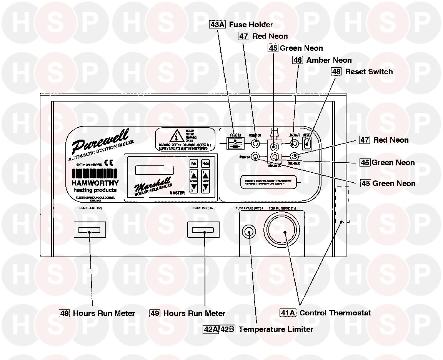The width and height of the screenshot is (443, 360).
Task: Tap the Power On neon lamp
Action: point(255,144)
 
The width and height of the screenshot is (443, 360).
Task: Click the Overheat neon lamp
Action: point(294,157)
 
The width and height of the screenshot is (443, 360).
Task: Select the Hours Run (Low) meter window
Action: point(89,230)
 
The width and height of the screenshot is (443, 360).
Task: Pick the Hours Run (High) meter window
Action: point(203,230)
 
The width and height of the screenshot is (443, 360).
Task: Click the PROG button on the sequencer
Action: point(205,163)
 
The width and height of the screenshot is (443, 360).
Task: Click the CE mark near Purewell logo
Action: point(108,162)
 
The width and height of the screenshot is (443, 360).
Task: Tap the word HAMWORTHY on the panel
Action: point(95,183)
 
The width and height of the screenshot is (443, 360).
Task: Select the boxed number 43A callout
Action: point(218,25)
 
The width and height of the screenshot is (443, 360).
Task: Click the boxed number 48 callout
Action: point(336,72)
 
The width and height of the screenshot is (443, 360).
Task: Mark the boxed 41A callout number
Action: point(288,313)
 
